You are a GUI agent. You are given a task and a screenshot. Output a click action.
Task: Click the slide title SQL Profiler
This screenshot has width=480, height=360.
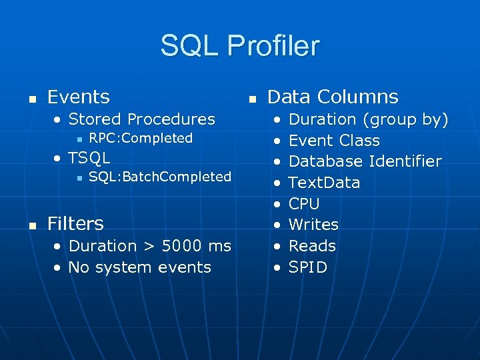(240, 46)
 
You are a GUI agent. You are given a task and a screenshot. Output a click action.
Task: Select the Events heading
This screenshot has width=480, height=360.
(79, 97)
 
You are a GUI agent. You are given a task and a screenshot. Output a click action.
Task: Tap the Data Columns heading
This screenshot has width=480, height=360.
(333, 97)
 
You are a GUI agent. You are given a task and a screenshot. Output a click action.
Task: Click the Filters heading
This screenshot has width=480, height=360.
(75, 223)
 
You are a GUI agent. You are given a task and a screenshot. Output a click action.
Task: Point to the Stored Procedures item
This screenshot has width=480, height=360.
(141, 119)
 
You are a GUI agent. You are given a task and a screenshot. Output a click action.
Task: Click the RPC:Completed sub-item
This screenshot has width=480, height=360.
(141, 139)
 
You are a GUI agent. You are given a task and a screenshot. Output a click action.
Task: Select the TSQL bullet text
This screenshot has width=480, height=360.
(89, 158)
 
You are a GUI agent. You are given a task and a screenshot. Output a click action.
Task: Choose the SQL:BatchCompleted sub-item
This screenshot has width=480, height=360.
(160, 177)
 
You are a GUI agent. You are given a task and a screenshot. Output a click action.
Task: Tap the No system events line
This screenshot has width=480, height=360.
(139, 267)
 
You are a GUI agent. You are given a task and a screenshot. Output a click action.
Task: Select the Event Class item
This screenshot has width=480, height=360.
(334, 141)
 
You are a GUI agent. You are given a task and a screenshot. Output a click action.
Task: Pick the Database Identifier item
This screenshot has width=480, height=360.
(365, 161)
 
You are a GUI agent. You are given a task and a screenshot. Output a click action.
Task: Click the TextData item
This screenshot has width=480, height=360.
(324, 183)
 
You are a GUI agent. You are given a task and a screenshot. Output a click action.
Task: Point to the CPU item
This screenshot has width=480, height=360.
(304, 204)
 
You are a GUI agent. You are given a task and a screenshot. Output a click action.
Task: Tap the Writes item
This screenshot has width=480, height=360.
(313, 225)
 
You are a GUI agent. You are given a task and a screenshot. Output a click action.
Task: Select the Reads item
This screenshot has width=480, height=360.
(312, 246)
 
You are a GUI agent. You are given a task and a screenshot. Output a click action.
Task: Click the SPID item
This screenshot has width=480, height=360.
(307, 267)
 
